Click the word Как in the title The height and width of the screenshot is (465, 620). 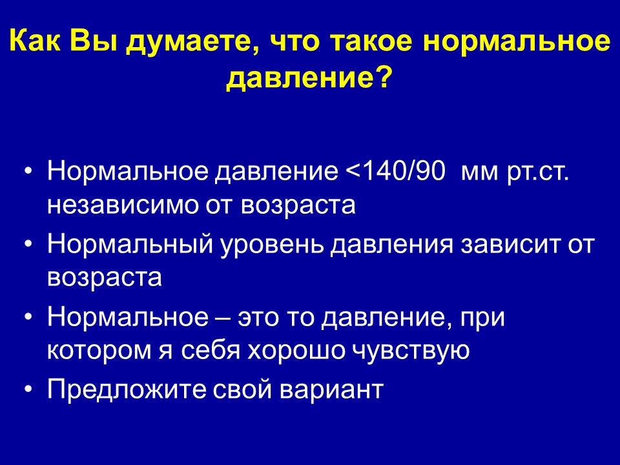tap(35, 40)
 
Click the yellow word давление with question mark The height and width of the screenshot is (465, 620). tap(309, 77)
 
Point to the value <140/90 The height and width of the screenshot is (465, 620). tap(395, 171)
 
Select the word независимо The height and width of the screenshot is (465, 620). tap(123, 205)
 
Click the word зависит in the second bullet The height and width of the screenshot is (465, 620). tap(512, 245)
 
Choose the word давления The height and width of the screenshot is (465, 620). tap(391, 246)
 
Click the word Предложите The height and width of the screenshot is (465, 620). tap(127, 389)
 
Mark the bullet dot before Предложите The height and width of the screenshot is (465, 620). tap(27, 390)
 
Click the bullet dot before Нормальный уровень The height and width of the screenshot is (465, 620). tap(27, 245)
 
